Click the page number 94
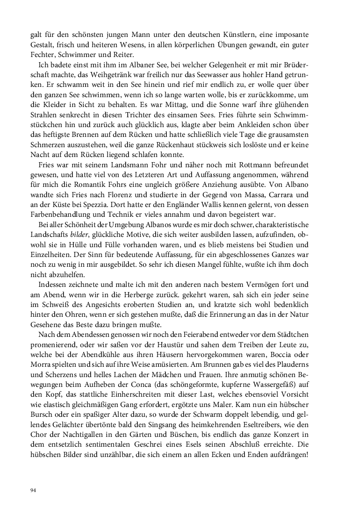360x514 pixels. [x=33, y=490]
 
